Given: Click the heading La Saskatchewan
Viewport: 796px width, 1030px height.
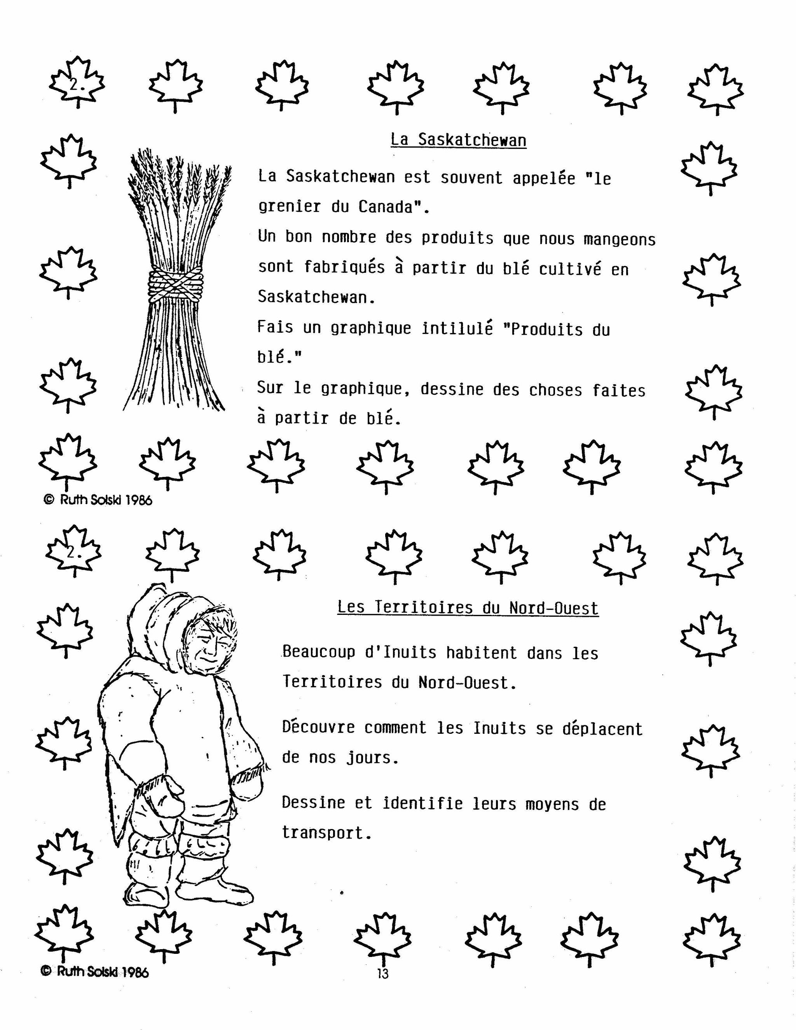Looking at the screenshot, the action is click(x=458, y=140).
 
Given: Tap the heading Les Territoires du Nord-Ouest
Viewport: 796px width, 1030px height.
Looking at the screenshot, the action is click(x=468, y=608).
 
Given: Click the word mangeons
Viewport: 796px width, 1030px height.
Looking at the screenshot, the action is click(x=620, y=239).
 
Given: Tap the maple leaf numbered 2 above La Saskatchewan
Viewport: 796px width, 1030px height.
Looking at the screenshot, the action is click(x=77, y=83).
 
